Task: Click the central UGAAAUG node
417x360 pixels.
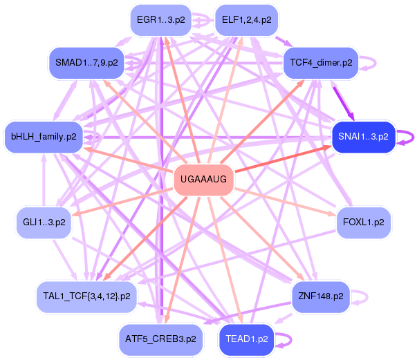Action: pyautogui.click(x=203, y=180)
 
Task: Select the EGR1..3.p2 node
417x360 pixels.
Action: pyautogui.click(x=160, y=20)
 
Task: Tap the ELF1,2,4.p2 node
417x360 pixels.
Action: pyautogui.click(x=245, y=20)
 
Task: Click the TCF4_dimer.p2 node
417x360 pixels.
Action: pyautogui.click(x=319, y=62)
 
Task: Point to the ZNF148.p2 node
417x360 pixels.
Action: pyautogui.click(x=320, y=296)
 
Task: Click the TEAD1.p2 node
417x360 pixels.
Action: pyautogui.click(x=246, y=339)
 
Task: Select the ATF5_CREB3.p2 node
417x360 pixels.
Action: pyautogui.click(x=160, y=339)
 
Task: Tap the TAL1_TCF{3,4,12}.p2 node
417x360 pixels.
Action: pyautogui.click(x=87, y=296)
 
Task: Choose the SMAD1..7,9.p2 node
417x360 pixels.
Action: pyautogui.click(x=87, y=62)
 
